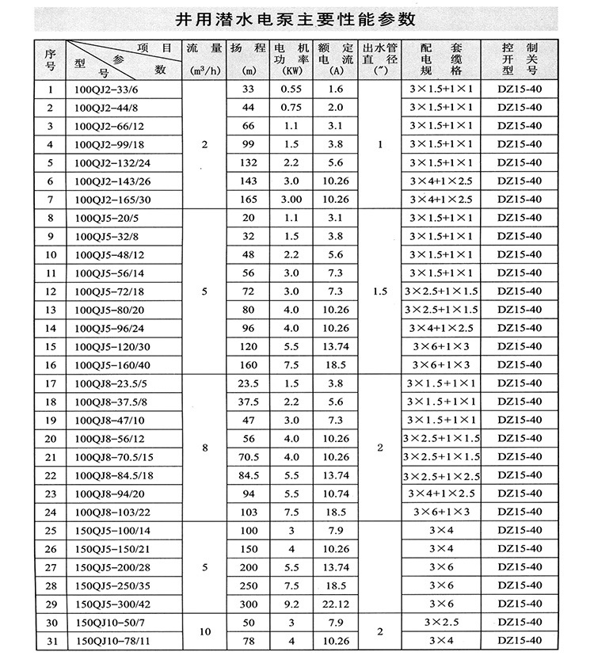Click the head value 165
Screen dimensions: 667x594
click(x=249, y=199)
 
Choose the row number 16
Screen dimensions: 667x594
click(x=51, y=364)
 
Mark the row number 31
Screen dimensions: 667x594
click(x=51, y=640)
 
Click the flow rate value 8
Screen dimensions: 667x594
click(x=204, y=448)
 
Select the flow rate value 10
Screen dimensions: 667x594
click(x=204, y=631)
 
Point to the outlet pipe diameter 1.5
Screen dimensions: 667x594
click(x=379, y=292)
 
